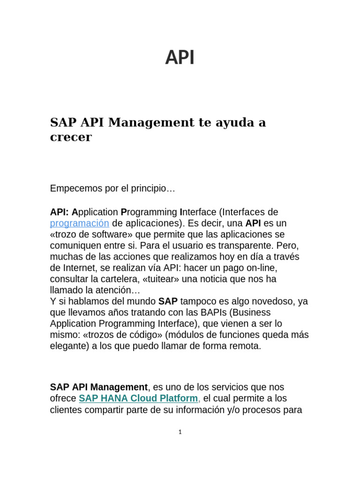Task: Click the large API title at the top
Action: [x=180, y=58]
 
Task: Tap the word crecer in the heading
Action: [x=71, y=137]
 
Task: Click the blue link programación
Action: [x=79, y=223]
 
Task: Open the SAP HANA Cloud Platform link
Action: [x=138, y=398]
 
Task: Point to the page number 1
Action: [x=180, y=432]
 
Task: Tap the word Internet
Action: [x=78, y=268]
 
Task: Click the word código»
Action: [x=144, y=335]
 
